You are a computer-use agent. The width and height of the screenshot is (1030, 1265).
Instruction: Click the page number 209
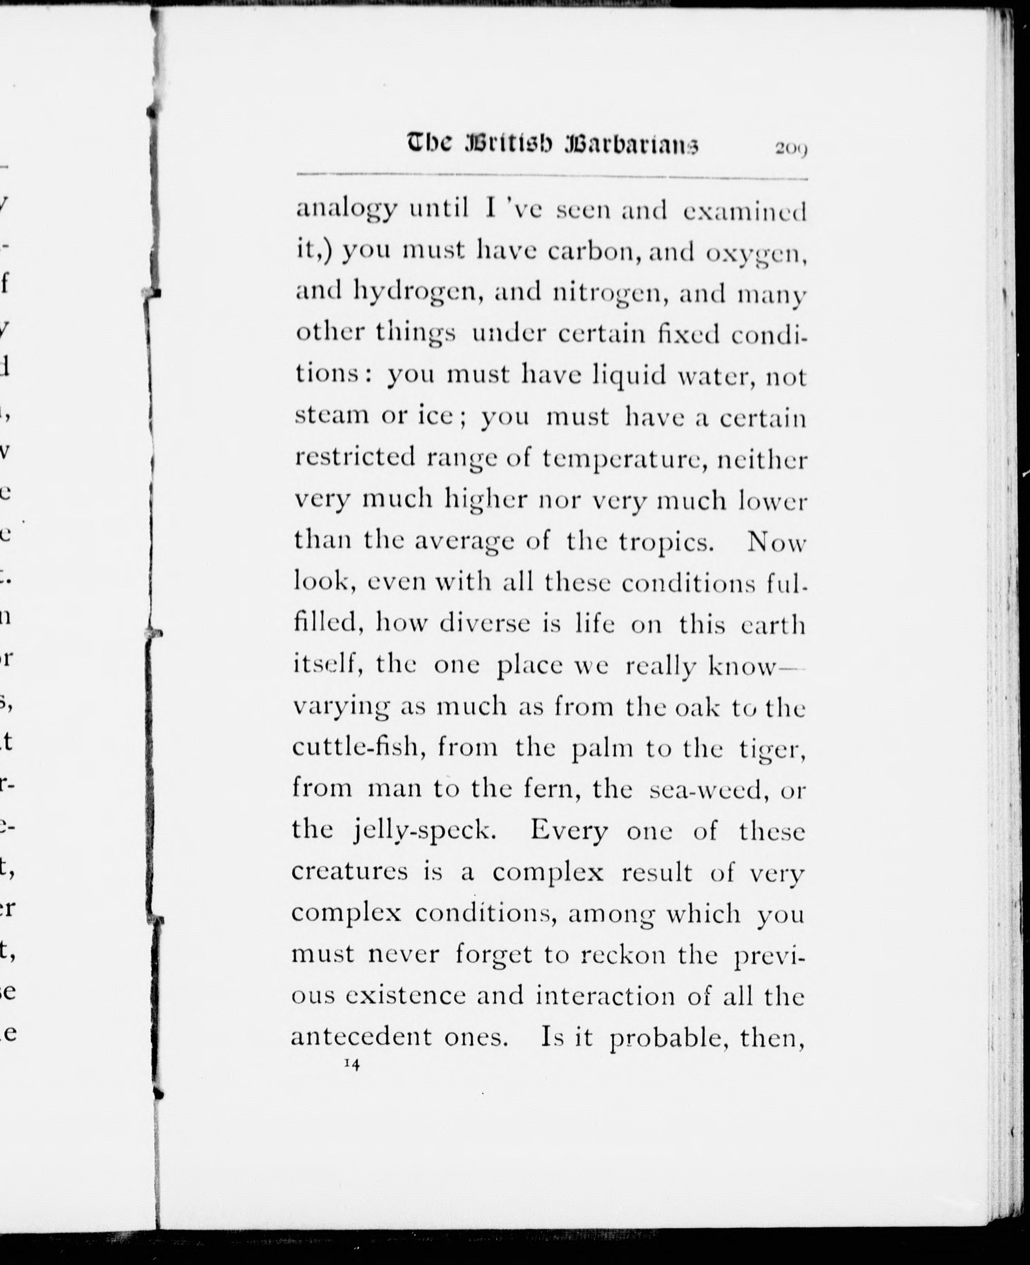[790, 149]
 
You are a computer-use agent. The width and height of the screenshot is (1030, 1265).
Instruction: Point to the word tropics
[667, 542]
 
